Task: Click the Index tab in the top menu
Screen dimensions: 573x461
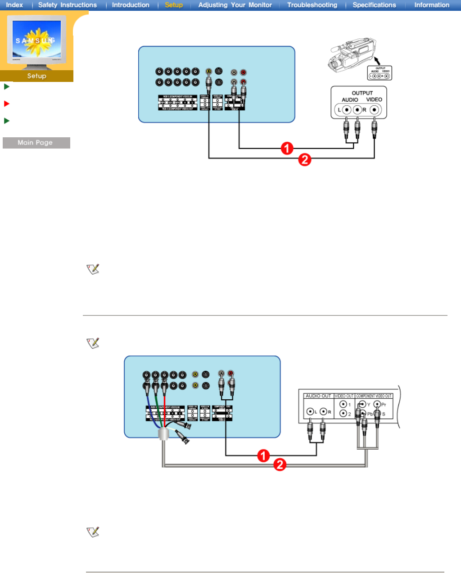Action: click(14, 5)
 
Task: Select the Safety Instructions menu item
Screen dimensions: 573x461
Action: click(67, 5)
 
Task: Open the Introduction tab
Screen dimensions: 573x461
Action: click(131, 5)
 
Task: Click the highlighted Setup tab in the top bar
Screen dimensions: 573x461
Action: click(174, 5)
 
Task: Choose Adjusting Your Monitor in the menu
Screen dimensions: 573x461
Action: click(235, 5)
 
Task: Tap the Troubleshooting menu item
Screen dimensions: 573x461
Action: click(312, 5)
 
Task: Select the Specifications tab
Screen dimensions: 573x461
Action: click(374, 5)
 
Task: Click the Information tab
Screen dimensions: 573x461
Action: click(432, 5)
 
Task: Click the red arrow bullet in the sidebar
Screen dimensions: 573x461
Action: click(7, 104)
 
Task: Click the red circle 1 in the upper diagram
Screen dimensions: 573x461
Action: click(287, 148)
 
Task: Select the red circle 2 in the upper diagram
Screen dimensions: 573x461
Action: click(305, 159)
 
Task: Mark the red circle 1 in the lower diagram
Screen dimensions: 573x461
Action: click(263, 456)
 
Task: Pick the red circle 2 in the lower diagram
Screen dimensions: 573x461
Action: click(280, 465)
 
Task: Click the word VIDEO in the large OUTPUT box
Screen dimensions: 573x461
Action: click(374, 99)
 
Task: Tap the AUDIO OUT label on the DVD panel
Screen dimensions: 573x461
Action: click(318, 396)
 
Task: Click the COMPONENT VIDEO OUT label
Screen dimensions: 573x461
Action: click(374, 396)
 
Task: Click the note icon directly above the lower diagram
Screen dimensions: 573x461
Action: click(93, 343)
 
